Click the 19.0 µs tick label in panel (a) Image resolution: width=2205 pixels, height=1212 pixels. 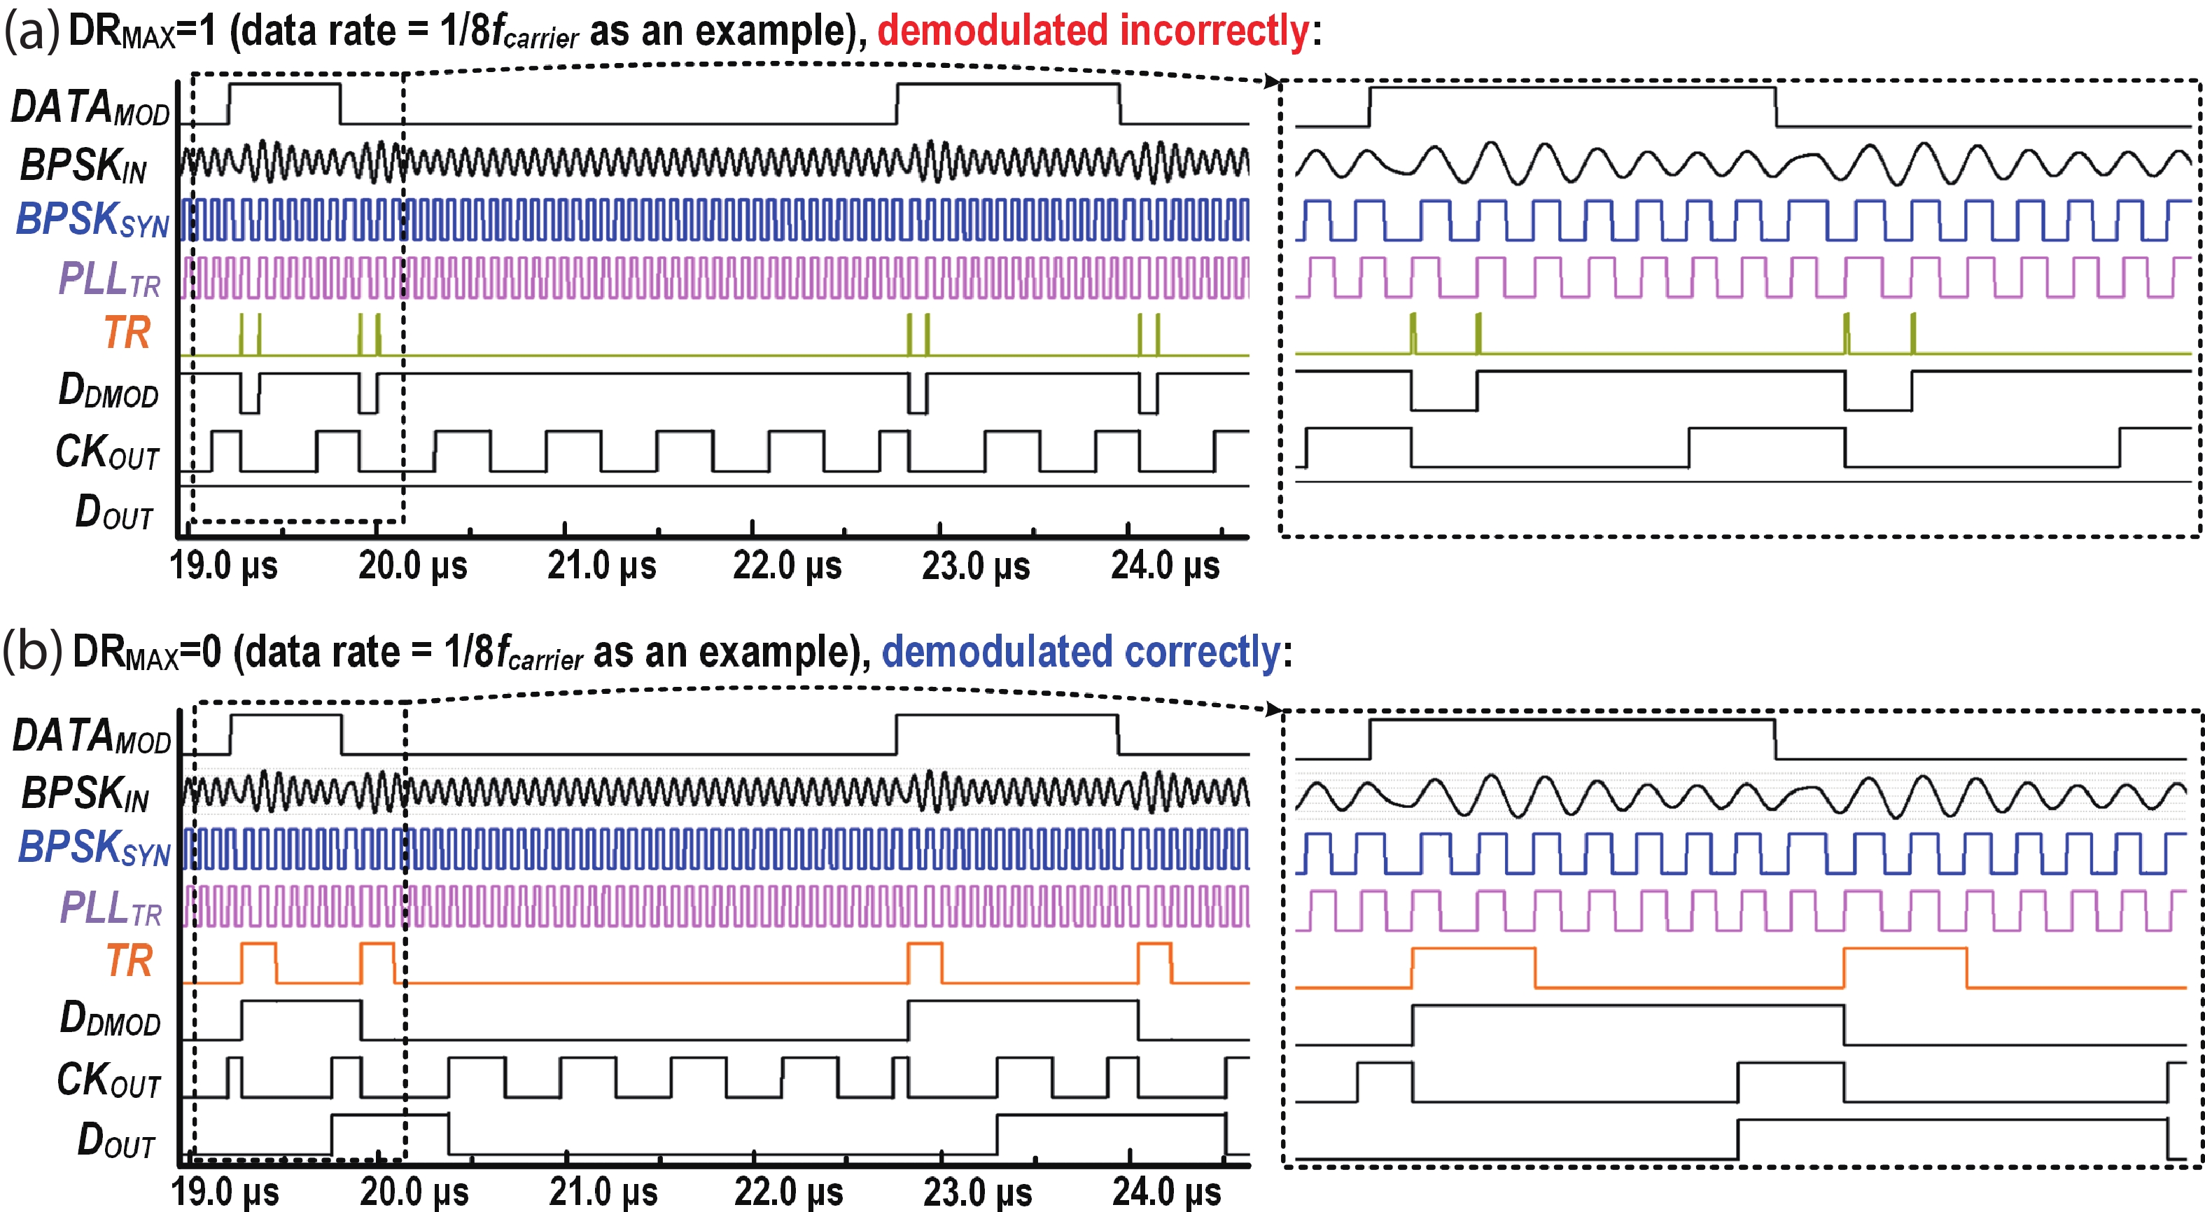223,566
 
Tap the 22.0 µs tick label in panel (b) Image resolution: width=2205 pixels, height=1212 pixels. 788,1192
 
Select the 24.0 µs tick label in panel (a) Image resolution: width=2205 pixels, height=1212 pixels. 1165,566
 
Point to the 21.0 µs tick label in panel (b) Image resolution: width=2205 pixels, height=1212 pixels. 603,1192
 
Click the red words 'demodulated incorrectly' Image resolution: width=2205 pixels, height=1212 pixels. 1093,31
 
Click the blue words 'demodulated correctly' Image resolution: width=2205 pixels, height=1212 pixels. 1080,653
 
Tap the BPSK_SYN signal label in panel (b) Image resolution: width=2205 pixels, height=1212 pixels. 94,848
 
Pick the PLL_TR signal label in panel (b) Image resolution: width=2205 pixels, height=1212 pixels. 111,908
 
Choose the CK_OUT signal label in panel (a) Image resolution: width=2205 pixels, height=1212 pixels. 107,452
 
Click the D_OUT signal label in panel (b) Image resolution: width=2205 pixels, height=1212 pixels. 115,1141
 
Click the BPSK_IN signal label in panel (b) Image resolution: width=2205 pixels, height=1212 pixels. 85,793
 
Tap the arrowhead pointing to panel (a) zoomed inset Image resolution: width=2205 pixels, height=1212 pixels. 1273,82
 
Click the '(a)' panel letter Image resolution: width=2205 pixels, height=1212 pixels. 31,32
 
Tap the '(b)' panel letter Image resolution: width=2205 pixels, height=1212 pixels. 32,653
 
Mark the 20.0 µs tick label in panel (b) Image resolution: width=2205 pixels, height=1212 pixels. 414,1192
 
